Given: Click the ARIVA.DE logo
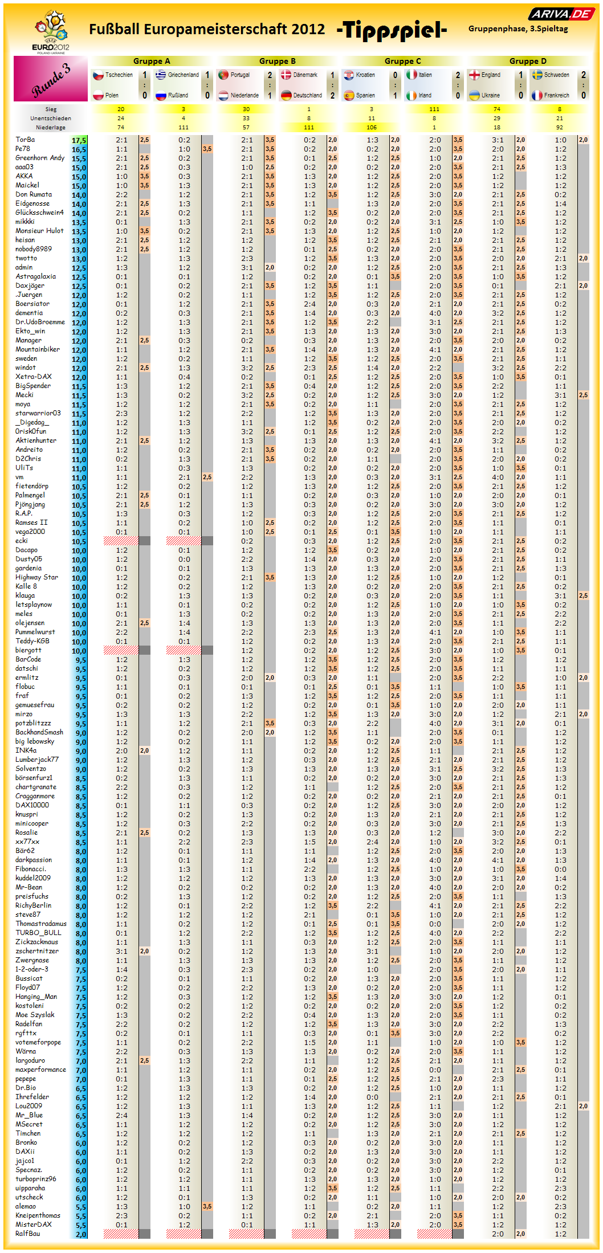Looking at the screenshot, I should click(561, 14).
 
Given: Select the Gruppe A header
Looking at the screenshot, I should click(152, 61).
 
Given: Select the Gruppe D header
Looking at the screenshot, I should click(528, 61).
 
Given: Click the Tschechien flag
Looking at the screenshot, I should click(98, 75).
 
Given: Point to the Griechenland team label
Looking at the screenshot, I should click(183, 75).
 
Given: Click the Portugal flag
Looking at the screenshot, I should click(223, 75).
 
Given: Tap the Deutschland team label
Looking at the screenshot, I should click(307, 95).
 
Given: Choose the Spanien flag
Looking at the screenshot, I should click(349, 95).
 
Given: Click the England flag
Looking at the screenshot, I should click(474, 75).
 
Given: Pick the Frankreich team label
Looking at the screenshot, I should click(556, 95).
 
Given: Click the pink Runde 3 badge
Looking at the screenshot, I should click(51, 79).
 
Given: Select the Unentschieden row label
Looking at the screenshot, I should click(51, 119).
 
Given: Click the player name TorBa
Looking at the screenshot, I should click(25, 140).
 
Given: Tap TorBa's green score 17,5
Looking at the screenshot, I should click(79, 140).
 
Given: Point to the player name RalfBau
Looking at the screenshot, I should click(28, 1234).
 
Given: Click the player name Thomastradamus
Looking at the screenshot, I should click(41, 924).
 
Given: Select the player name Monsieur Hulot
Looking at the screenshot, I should click(39, 231).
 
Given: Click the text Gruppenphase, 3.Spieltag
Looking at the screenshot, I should click(518, 28).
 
